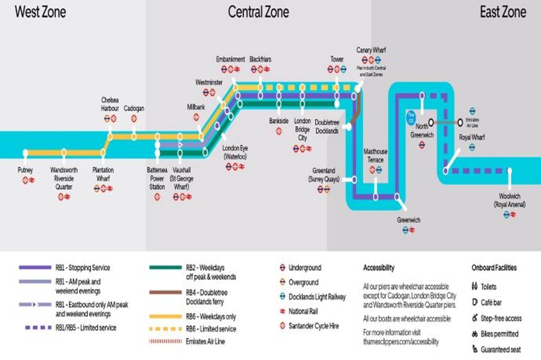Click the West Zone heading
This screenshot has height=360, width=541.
[40, 12]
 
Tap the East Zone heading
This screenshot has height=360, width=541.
[503, 12]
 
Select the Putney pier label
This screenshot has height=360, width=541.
[26, 170]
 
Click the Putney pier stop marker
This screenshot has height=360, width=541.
[25, 153]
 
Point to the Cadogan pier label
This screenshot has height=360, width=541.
[134, 108]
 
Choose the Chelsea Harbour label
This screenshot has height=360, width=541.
[110, 104]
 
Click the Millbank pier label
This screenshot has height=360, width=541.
[196, 107]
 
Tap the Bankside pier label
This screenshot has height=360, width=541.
[279, 120]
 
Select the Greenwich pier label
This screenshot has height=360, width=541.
[408, 220]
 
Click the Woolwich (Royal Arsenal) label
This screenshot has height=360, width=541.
[509, 199]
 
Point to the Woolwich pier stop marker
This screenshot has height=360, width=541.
[509, 171]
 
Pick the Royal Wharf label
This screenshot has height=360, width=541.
[472, 136]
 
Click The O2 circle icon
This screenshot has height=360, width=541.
[411, 116]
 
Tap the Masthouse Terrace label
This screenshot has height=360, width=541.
[375, 155]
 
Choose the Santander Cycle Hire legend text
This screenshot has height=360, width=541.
[314, 326]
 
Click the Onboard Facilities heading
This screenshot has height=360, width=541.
[494, 267]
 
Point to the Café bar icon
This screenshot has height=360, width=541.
[474, 302]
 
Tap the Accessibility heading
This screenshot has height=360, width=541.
[379, 267]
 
